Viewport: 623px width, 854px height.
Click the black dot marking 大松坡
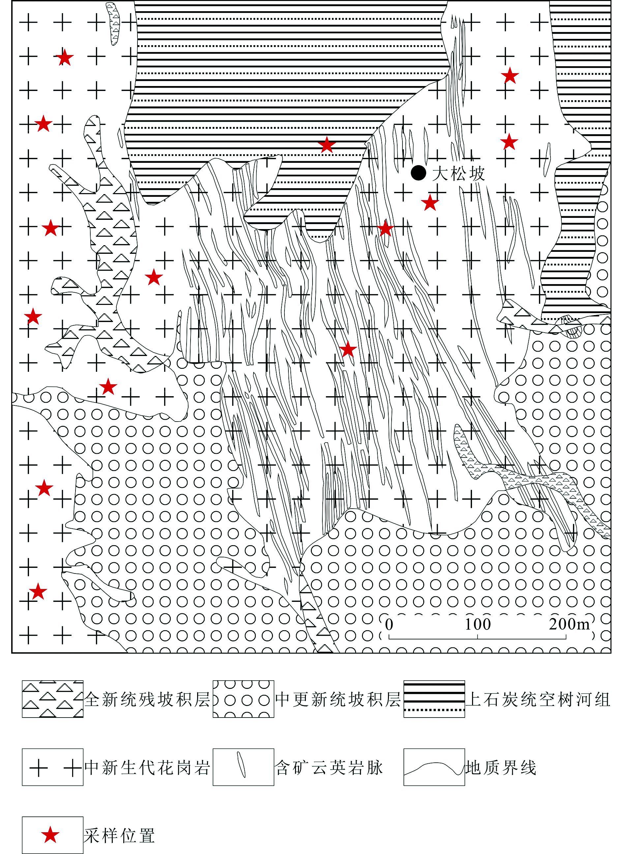coord(418,173)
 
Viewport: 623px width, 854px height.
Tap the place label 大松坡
coord(458,174)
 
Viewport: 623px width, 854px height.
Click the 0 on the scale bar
coord(389,624)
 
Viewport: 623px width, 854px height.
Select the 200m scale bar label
coord(569,624)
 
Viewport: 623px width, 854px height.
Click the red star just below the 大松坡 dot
coord(430,202)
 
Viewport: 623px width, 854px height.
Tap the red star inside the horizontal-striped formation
coord(327,144)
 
